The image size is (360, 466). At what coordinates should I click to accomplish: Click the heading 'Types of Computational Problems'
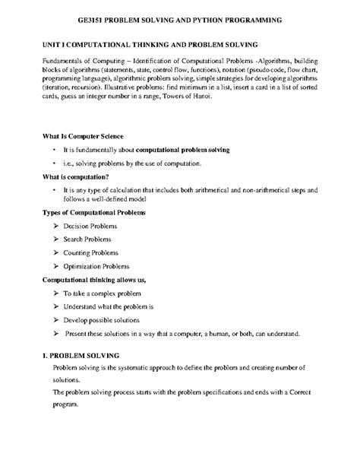point(93,212)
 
